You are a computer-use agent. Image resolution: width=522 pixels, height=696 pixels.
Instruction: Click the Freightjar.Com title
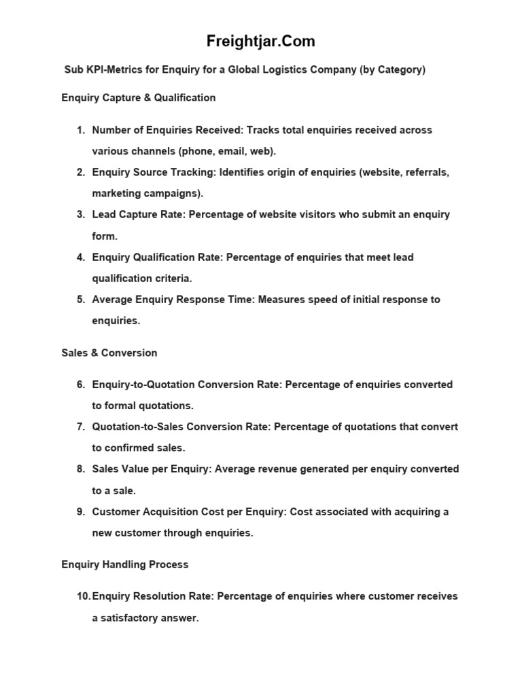[261, 41]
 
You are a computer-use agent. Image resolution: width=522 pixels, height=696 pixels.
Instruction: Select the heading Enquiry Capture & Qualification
[139, 98]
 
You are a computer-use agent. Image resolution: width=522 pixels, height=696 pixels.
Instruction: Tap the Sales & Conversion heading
[109, 353]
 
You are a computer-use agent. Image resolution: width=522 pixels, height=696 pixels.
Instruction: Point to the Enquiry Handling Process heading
[125, 565]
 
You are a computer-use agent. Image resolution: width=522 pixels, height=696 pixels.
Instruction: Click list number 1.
[81, 130]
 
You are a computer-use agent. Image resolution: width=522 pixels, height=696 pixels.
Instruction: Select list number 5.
[81, 300]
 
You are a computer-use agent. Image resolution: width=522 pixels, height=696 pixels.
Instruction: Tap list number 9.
[81, 512]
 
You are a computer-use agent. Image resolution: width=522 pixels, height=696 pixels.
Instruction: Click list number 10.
[83, 597]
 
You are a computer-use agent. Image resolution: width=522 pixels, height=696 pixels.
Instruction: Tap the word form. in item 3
[105, 237]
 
